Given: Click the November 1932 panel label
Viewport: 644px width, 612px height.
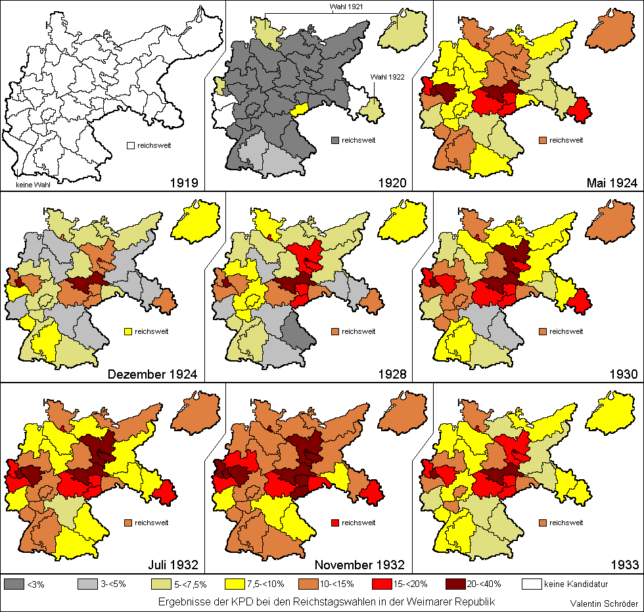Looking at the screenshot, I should (x=359, y=565).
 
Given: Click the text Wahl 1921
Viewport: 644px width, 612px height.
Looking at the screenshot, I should (x=346, y=6).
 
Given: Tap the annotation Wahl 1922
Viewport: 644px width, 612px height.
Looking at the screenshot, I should (x=386, y=77).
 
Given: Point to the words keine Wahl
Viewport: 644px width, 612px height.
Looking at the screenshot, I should (x=30, y=176).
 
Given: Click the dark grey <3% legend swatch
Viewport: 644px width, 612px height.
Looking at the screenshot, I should (x=14, y=583).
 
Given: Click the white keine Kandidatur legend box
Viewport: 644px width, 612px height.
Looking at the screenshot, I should (x=532, y=583).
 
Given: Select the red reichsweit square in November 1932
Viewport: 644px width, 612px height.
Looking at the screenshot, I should (x=336, y=523).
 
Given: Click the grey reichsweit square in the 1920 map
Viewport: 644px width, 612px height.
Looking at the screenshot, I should (x=336, y=140).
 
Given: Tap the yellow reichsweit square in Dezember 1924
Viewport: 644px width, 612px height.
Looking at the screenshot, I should (x=129, y=332).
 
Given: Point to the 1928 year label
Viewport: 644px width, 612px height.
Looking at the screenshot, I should (x=392, y=375).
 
